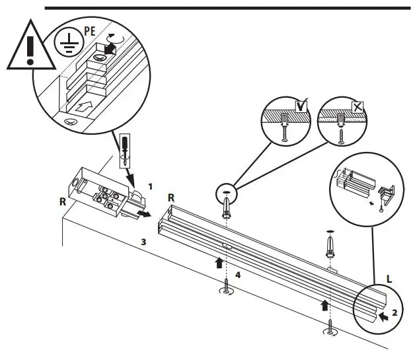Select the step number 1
point(151,187)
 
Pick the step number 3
point(145,242)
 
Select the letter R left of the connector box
point(63,201)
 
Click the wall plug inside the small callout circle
point(227,205)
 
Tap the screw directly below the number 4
point(226,288)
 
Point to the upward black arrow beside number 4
point(219,263)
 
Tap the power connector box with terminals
point(106,195)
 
